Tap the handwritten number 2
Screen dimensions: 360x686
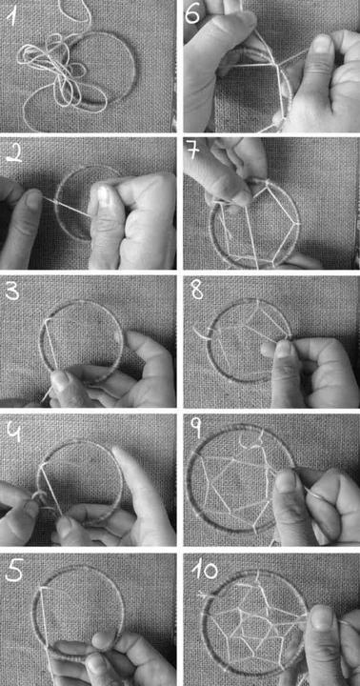13,155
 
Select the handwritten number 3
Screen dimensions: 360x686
11,292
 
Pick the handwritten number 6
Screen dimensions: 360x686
192,15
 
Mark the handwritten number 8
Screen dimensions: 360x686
197,291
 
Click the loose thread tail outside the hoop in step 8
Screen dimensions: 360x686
200,333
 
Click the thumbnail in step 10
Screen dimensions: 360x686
322,617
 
